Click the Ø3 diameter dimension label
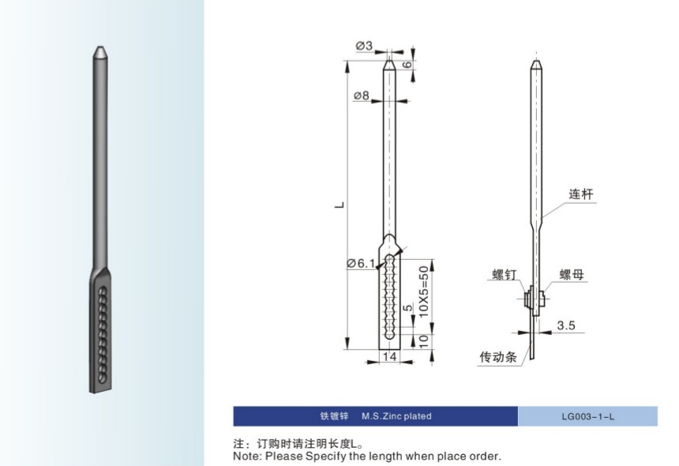point(364,46)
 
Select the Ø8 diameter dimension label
point(362,95)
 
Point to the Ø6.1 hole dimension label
point(361,263)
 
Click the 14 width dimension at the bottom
point(389,356)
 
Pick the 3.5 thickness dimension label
point(565,325)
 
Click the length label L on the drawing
point(340,205)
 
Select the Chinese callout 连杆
point(581,194)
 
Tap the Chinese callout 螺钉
point(505,274)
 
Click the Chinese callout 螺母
point(572,274)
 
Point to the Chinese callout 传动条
point(498,357)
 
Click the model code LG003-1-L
point(588,416)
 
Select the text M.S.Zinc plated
point(396,416)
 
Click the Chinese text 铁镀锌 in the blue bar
point(334,416)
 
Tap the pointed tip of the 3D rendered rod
point(100,47)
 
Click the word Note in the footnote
point(246,456)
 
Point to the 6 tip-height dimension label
point(407,65)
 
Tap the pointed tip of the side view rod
point(536,60)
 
